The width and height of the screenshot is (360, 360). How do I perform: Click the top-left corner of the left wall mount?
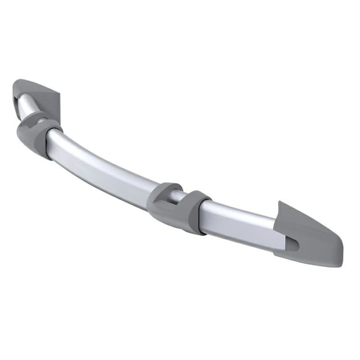[x=16, y=84]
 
